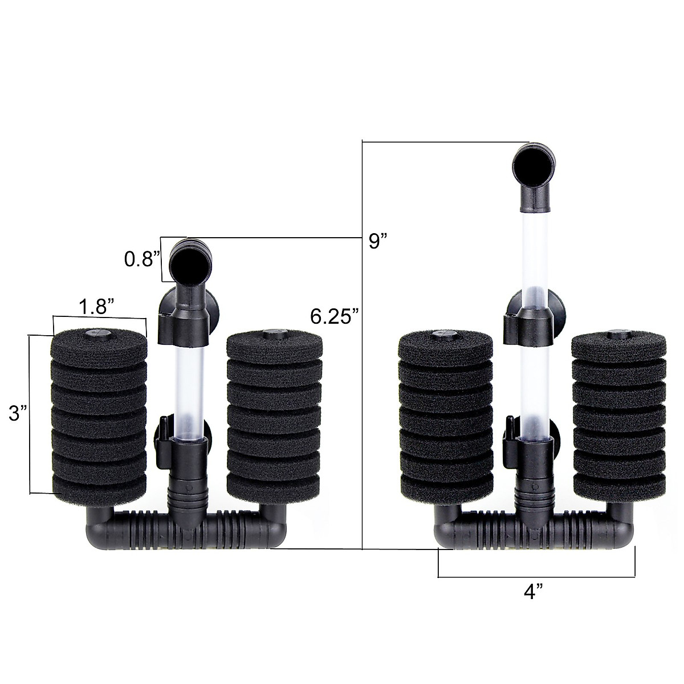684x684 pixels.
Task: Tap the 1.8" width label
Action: pyautogui.click(x=98, y=308)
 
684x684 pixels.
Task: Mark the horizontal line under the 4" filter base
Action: pyautogui.click(x=536, y=577)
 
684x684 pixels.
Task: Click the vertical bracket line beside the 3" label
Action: pyautogui.click(x=30, y=414)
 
